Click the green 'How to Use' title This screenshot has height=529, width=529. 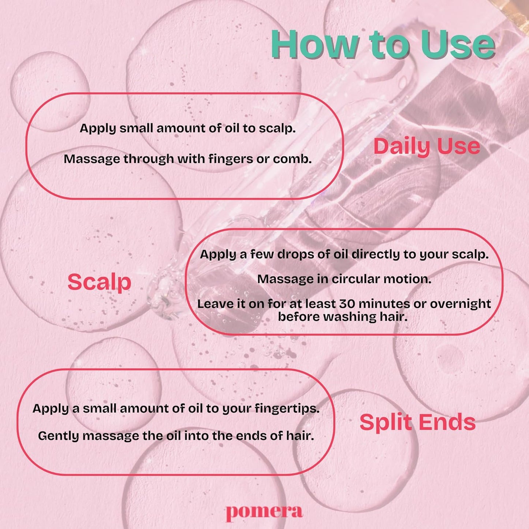pyautogui.click(x=383, y=45)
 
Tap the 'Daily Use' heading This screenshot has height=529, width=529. pyautogui.click(x=427, y=147)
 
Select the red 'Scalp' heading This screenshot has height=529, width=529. pyautogui.click(x=99, y=283)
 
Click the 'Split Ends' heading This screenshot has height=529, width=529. pyautogui.click(x=418, y=423)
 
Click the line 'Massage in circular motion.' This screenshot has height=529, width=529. pyautogui.click(x=344, y=279)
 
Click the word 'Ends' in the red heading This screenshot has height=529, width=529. pyautogui.click(x=447, y=422)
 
